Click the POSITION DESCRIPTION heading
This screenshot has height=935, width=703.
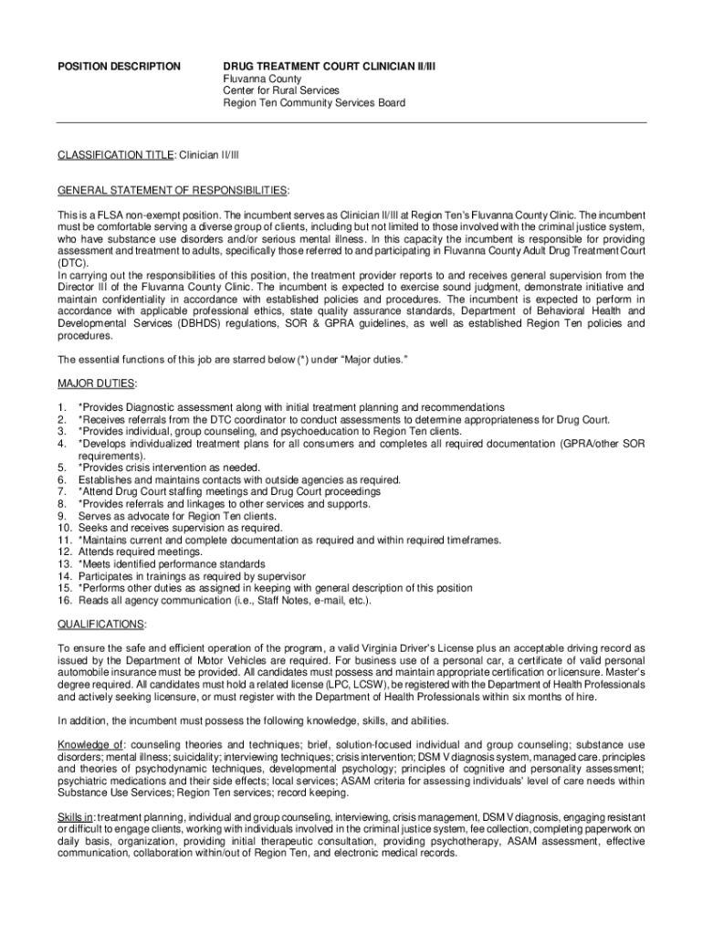coord(119,67)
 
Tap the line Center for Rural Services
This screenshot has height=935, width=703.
coord(281,90)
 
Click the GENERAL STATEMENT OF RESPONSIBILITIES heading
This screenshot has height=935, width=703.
coord(173,190)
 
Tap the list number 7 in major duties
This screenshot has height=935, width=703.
coord(61,491)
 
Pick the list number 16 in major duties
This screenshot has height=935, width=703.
coord(64,600)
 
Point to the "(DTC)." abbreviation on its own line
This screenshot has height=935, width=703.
coord(73,262)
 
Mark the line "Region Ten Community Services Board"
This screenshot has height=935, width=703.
coord(315,102)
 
